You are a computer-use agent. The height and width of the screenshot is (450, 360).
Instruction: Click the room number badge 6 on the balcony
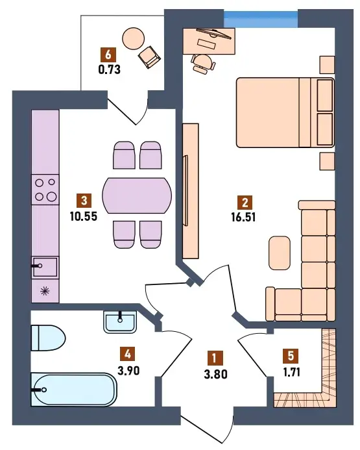pos(108,55)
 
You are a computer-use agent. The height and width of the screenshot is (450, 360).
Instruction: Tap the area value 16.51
pos(243,218)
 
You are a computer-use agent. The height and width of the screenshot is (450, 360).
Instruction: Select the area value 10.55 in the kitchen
pos(84,216)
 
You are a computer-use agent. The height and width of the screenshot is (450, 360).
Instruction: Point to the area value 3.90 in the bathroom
pos(128,371)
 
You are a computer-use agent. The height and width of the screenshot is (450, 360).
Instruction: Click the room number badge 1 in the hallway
pos(214,358)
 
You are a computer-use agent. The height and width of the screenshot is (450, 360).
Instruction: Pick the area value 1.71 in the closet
pos(291,372)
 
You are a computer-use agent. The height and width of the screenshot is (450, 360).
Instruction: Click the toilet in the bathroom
pos(48,338)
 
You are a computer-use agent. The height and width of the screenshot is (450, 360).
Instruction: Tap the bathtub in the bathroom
pos(74,389)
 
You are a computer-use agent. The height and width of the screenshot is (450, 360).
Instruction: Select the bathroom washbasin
pos(120,323)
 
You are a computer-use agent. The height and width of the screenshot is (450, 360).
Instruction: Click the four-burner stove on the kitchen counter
pos(45,190)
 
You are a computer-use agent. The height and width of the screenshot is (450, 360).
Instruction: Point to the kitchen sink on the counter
pos(45,267)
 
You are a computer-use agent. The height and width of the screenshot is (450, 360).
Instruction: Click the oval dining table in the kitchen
pos(137,195)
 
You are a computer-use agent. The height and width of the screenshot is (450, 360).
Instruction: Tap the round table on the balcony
pos(134,39)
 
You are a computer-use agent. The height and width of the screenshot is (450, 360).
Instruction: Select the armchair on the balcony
pos(149,57)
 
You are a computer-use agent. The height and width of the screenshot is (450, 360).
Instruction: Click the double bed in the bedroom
pos(285,112)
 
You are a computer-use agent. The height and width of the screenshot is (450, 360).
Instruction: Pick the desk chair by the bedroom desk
pos(203,64)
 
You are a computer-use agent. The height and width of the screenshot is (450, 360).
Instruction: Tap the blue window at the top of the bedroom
pos(261,19)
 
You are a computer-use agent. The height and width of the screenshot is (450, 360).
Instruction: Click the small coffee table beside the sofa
pos(280,253)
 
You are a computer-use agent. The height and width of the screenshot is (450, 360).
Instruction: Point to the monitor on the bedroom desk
pos(214,34)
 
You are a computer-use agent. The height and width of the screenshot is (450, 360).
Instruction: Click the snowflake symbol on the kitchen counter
pos(45,292)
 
